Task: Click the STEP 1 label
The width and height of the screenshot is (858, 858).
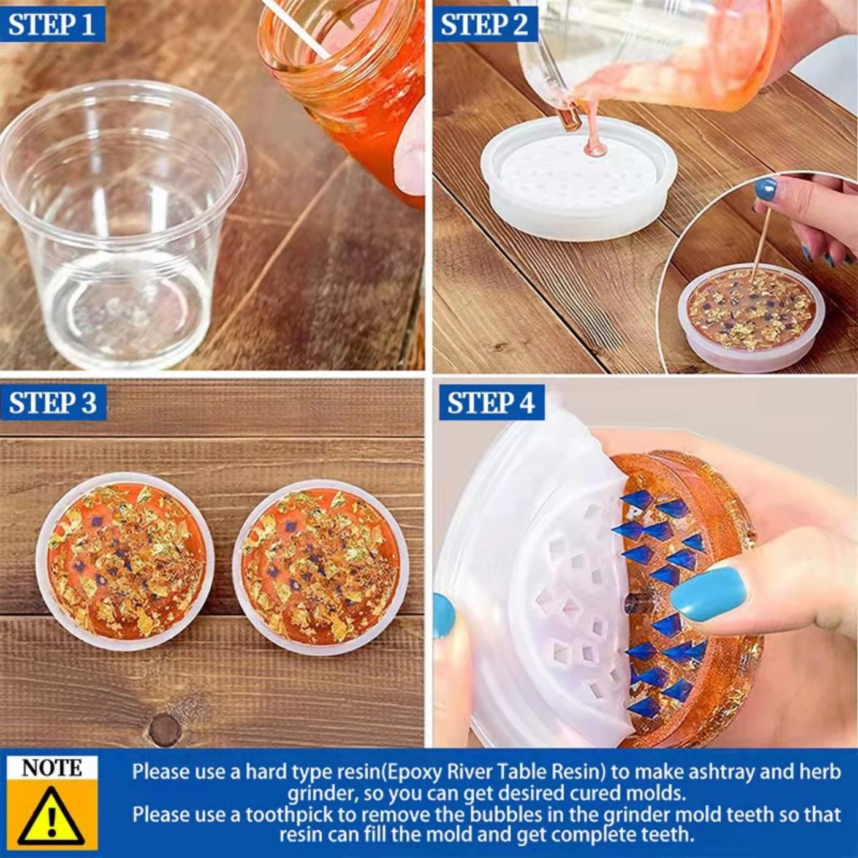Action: click(x=52, y=25)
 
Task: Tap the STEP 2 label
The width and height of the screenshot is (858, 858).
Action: click(x=484, y=25)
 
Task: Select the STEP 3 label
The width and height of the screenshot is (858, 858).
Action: click(x=53, y=403)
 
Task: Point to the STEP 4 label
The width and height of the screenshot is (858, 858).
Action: click(x=491, y=403)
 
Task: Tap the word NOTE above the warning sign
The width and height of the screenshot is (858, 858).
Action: click(x=51, y=768)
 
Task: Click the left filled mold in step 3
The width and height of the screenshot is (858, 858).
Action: click(x=126, y=561)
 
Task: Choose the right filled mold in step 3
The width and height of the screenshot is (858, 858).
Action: click(x=322, y=567)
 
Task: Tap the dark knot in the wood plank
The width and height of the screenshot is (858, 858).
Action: click(x=164, y=730)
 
